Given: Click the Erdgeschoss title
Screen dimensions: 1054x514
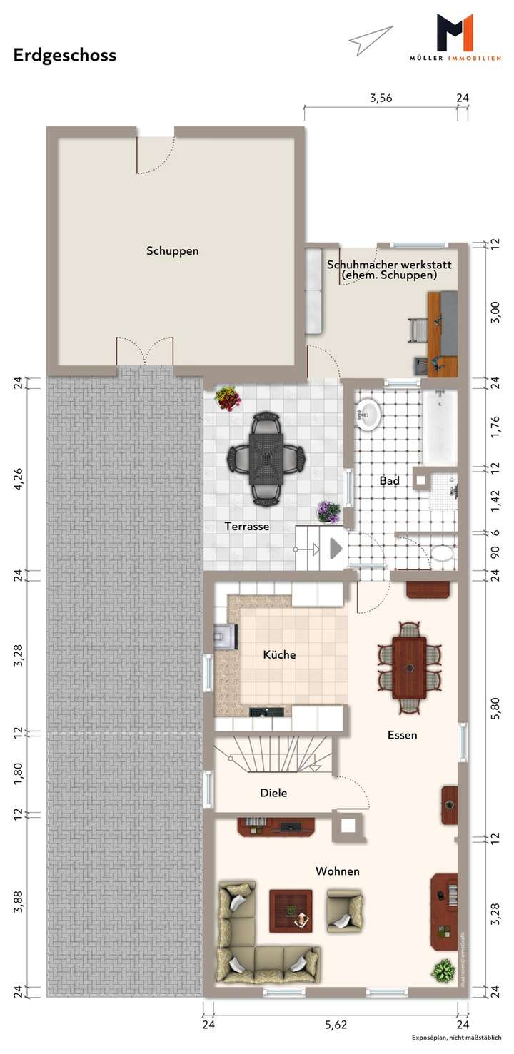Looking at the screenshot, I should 64,55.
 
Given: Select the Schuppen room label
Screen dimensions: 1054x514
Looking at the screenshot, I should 172,251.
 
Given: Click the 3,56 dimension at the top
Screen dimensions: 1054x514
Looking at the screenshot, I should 381,98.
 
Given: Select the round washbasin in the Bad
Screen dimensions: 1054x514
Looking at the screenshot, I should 369,415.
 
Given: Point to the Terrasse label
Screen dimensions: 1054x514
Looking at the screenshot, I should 246,527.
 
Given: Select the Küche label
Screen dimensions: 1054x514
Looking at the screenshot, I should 279,654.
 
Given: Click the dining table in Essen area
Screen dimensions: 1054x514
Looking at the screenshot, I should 409,667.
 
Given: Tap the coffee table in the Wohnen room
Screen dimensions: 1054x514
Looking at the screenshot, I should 291,911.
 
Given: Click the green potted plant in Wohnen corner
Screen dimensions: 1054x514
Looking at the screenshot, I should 443,971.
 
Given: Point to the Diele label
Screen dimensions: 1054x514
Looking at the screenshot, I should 273,792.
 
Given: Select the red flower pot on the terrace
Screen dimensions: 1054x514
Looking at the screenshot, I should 228,398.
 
